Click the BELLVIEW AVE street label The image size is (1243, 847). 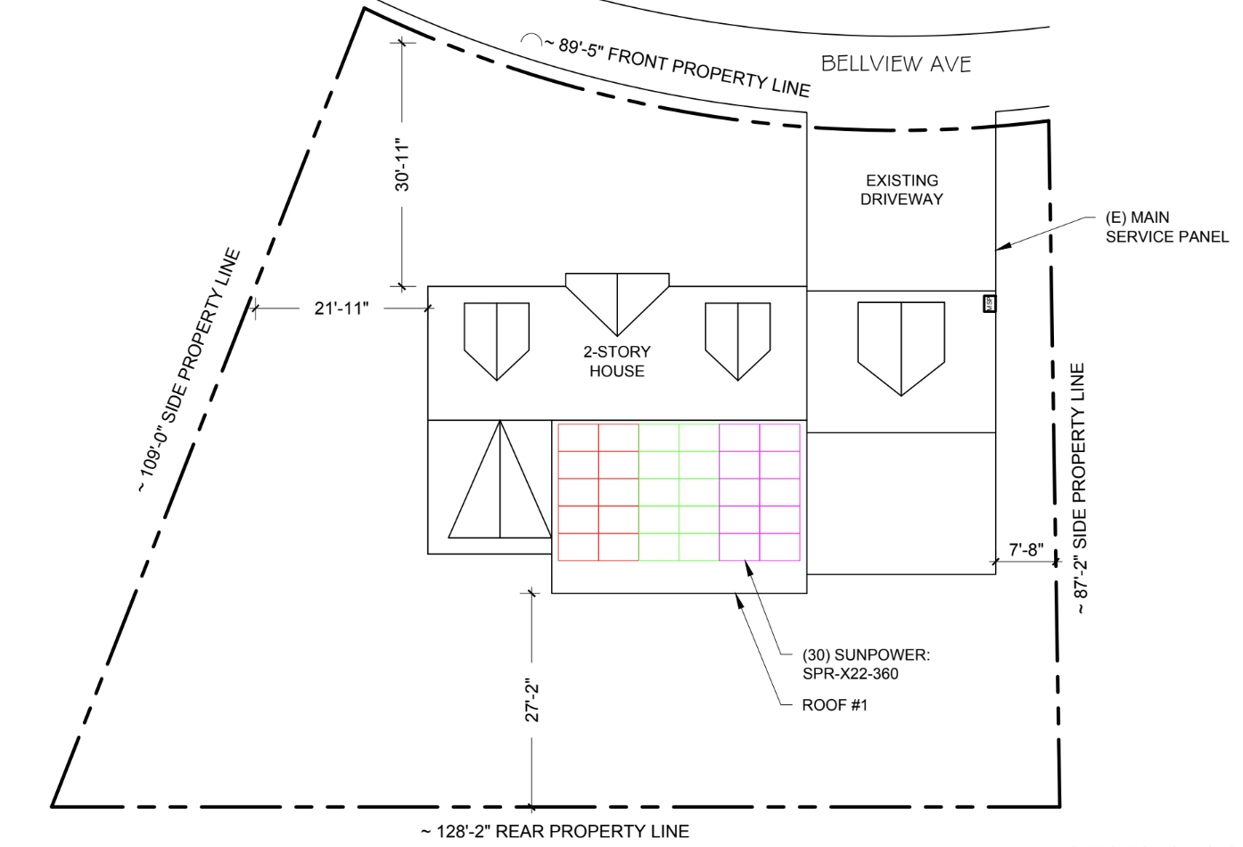pyautogui.click(x=895, y=64)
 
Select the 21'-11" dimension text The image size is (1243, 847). pyautogui.click(x=342, y=308)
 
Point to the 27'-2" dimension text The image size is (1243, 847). pyautogui.click(x=531, y=700)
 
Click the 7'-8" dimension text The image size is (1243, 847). pyautogui.click(x=1026, y=550)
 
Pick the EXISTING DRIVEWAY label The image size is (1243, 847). pyautogui.click(x=901, y=190)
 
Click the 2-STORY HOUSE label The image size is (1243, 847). pyautogui.click(x=617, y=361)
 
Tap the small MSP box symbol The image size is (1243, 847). pyautogui.click(x=989, y=303)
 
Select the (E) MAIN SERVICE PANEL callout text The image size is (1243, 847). pyautogui.click(x=1167, y=226)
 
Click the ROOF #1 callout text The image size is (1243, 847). pyautogui.click(x=835, y=705)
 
